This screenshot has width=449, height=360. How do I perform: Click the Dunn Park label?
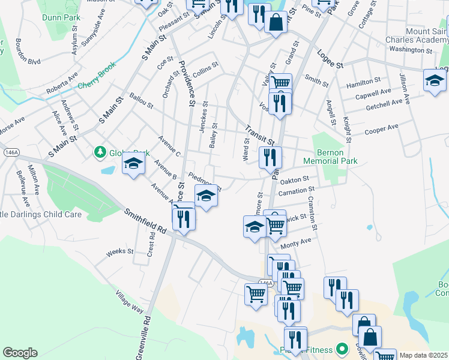pyautogui.click(x=61, y=17)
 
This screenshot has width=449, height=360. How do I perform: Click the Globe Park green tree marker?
pyautogui.click(x=100, y=153)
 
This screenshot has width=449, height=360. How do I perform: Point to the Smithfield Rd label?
pyautogui.click(x=145, y=221)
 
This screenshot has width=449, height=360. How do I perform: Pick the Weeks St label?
pyautogui.click(x=115, y=252)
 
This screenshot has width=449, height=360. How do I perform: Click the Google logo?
pyautogui.click(x=20, y=352)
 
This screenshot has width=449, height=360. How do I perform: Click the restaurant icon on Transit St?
pyautogui.click(x=270, y=157)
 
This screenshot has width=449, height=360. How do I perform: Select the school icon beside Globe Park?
pyautogui.click(x=133, y=164)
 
